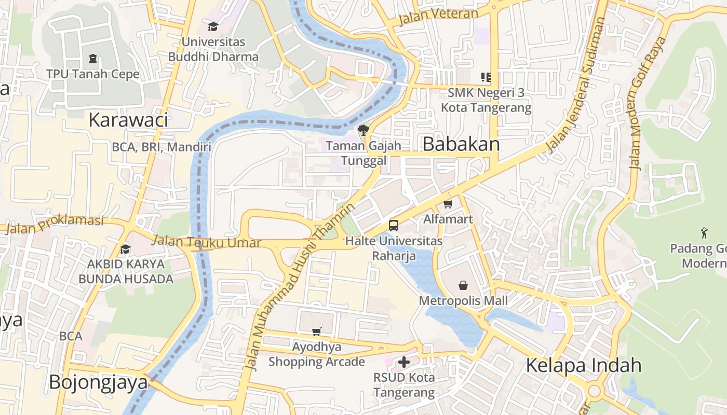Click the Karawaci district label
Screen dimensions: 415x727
point(128,120)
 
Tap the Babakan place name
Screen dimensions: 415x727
point(461,144)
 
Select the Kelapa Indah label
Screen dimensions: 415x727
point(584,365)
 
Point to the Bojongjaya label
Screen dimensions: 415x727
point(98,382)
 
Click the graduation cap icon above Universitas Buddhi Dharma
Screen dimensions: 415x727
point(213,26)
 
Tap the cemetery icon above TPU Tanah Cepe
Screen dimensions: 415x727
point(93,58)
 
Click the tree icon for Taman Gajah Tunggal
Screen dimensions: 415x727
point(363,130)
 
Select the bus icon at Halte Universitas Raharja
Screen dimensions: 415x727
point(394,226)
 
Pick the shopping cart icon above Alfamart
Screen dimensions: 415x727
point(448,204)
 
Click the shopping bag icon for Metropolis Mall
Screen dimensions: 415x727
point(463,285)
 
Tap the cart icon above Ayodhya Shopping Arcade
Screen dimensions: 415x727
point(317,331)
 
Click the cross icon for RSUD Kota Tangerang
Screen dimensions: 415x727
point(404,362)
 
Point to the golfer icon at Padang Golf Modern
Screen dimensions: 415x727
point(704,232)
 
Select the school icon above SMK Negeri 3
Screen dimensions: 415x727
point(486,77)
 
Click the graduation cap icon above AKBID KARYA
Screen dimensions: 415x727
point(125,250)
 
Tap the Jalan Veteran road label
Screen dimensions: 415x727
point(438,16)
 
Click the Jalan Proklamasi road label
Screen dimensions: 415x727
point(55,224)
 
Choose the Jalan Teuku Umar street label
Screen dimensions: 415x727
point(208,241)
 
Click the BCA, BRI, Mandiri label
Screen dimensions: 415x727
point(161,147)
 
